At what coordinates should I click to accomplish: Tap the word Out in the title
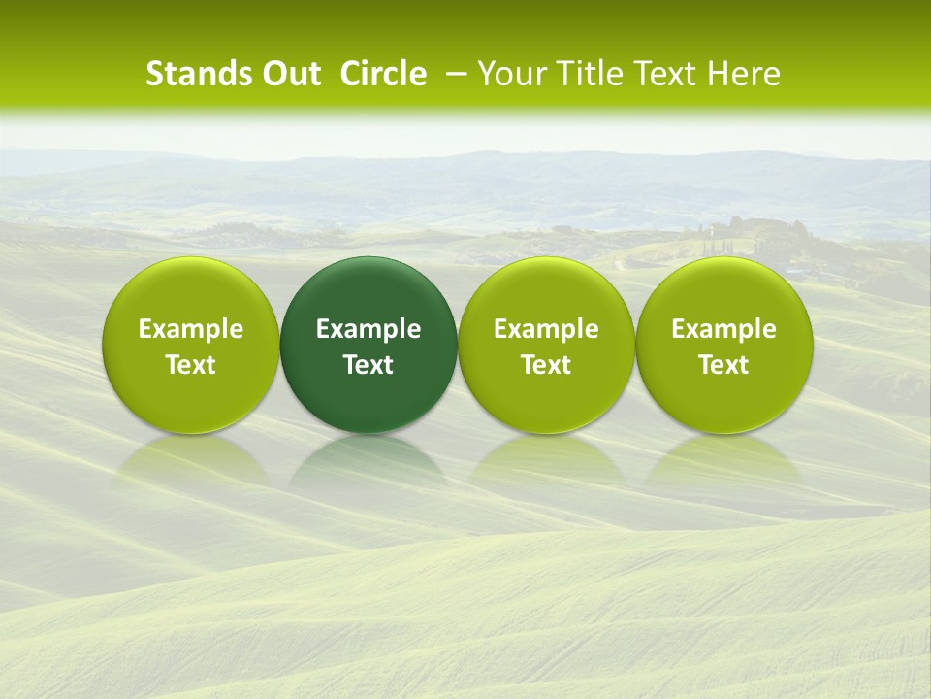(288, 74)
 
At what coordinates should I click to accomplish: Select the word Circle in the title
(383, 74)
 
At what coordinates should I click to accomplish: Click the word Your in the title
(507, 74)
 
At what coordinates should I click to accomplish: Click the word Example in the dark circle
(369, 329)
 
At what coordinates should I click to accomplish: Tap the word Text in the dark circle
(369, 365)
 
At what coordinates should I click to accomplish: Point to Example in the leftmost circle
(191, 329)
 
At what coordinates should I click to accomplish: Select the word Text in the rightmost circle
(723, 365)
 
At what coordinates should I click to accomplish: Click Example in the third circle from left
(546, 329)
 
